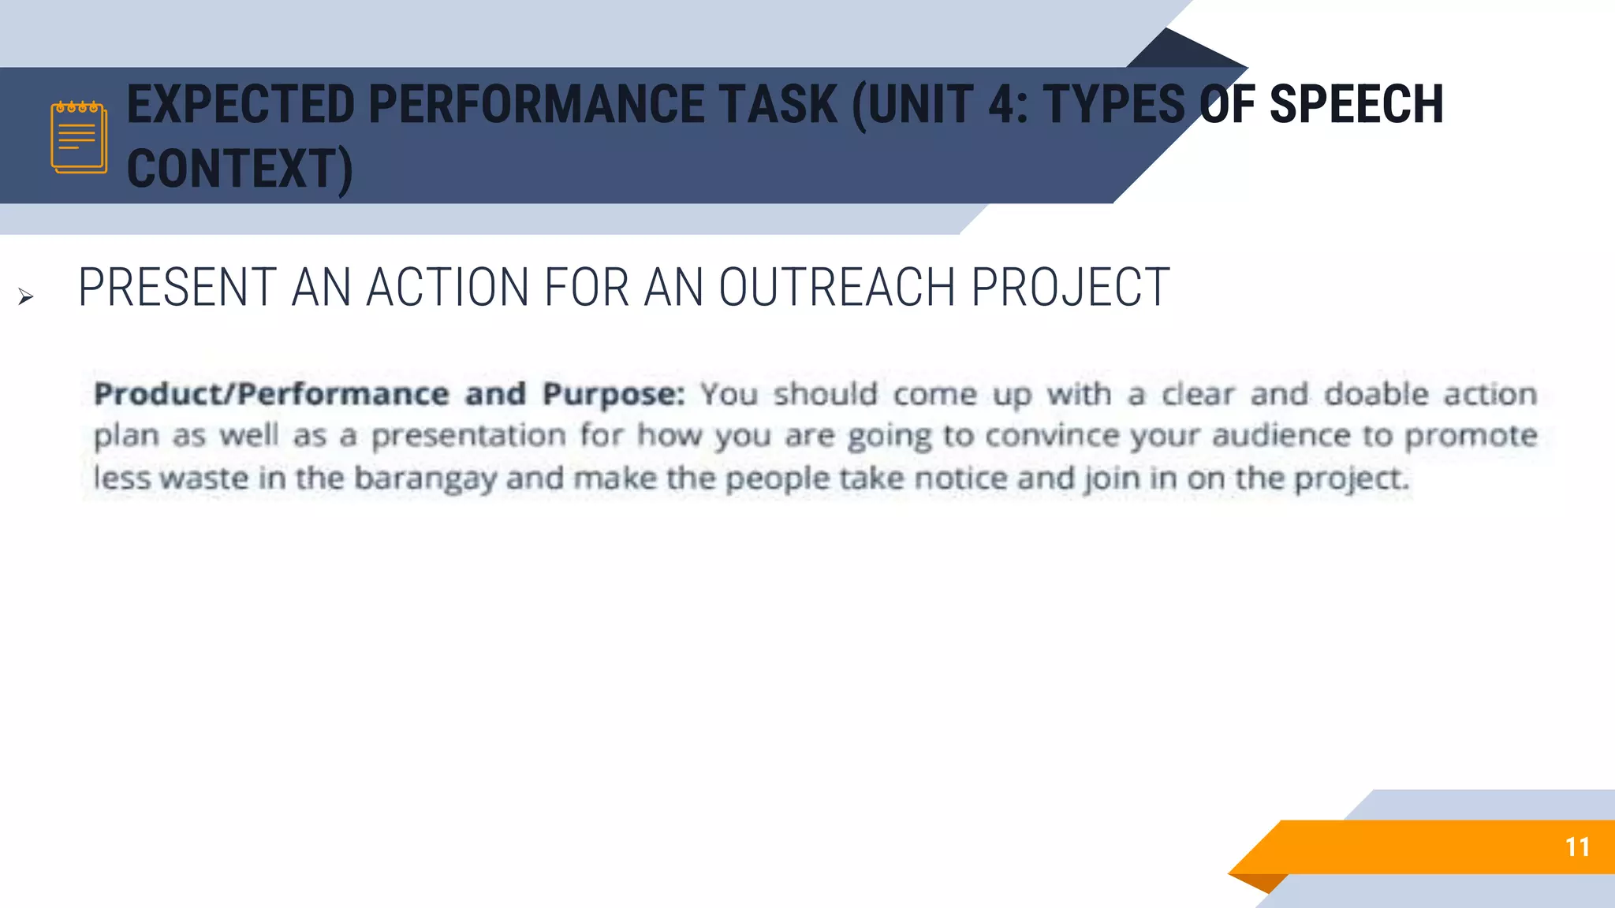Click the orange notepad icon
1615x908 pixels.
[79, 137]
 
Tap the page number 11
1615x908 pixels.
[1577, 847]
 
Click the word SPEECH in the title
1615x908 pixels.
[1356, 105]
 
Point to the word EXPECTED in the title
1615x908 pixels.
[241, 105]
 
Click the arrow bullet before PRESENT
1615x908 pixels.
[26, 297]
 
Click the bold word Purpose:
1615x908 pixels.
[614, 394]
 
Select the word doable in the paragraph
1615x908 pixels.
[1376, 394]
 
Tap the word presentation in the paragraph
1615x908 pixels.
[468, 436]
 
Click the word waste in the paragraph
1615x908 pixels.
[204, 478]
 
